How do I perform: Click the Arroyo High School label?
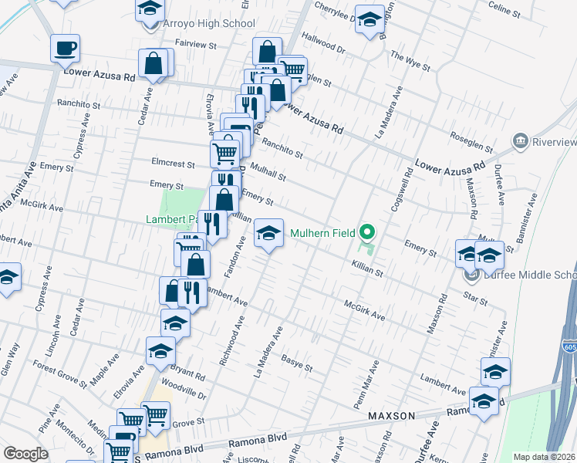pyautogui.click(x=208, y=23)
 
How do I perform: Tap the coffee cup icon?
pyautogui.click(x=65, y=49)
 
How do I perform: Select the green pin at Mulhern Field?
pyautogui.click(x=368, y=231)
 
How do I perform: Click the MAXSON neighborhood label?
pyautogui.click(x=391, y=416)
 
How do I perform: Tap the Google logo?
pyautogui.click(x=25, y=454)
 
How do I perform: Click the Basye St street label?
pyautogui.click(x=296, y=363)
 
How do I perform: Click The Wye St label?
pyautogui.click(x=410, y=60)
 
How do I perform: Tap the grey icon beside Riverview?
pyautogui.click(x=521, y=142)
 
